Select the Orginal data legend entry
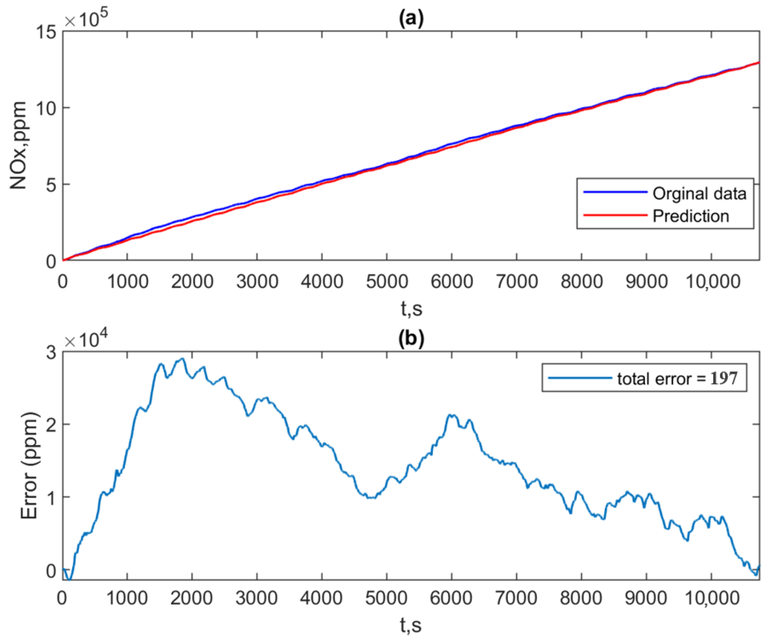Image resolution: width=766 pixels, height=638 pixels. [x=699, y=194]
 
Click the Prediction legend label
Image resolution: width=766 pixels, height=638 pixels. [x=690, y=216]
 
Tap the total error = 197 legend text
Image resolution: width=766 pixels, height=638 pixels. [x=677, y=378]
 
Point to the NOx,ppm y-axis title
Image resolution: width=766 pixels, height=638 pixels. [x=18, y=146]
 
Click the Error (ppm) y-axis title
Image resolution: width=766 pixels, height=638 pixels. [x=29, y=466]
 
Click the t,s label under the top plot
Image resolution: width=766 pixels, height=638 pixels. [x=411, y=309]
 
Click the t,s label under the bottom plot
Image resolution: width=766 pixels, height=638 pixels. [x=411, y=625]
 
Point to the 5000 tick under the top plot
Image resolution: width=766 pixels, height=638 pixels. [x=386, y=282]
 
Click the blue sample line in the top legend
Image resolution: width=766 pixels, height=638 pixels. [x=615, y=192]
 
